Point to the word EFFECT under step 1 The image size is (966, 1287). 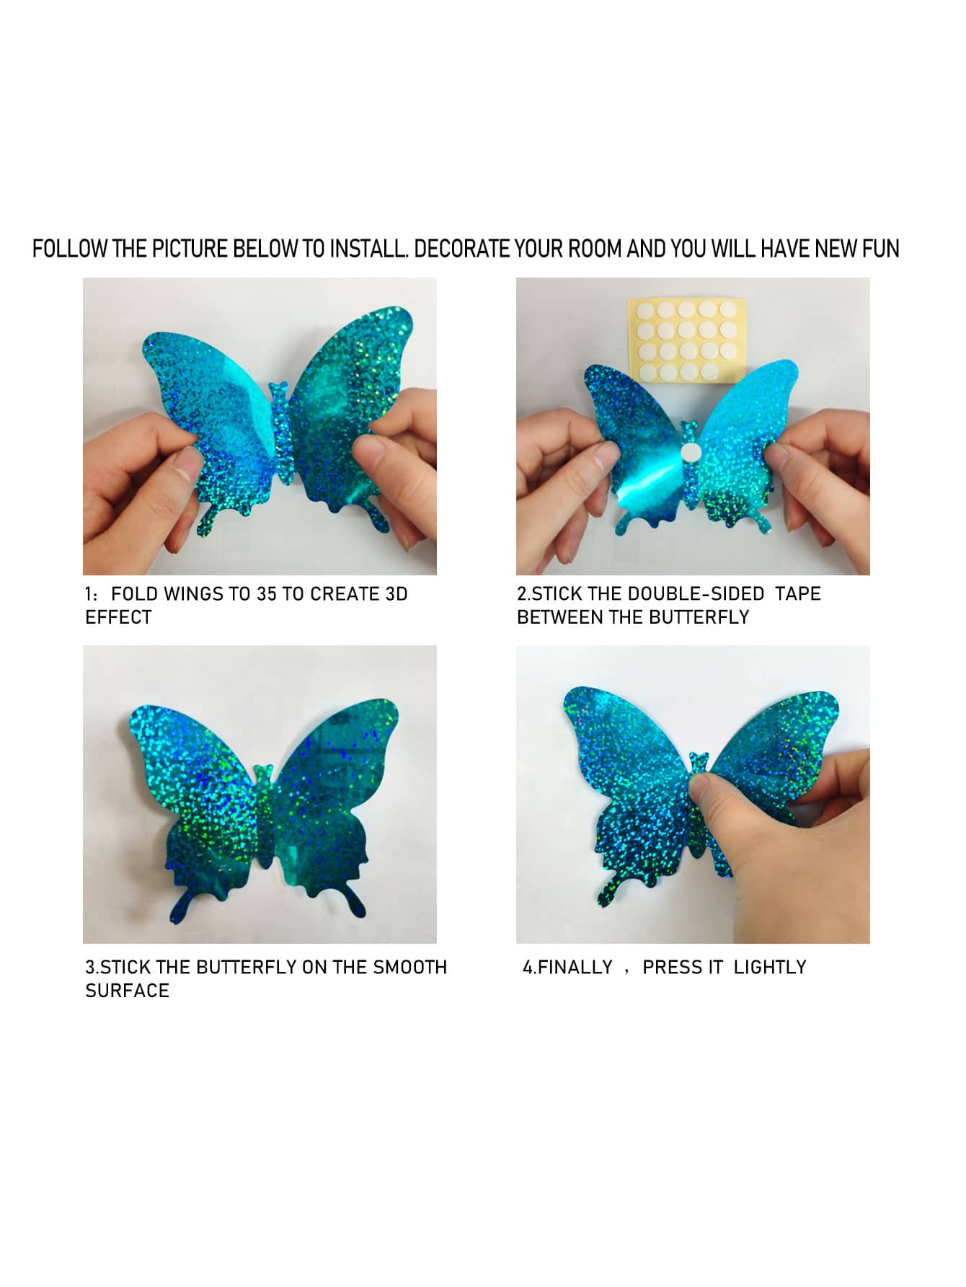[x=119, y=618]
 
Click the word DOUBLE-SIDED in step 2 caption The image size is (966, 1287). [x=696, y=594]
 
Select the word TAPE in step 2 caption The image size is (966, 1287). [x=798, y=594]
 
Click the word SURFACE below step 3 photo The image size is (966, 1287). [x=128, y=991]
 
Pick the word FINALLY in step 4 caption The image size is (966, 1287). [x=575, y=968]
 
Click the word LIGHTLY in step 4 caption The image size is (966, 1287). [x=770, y=968]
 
